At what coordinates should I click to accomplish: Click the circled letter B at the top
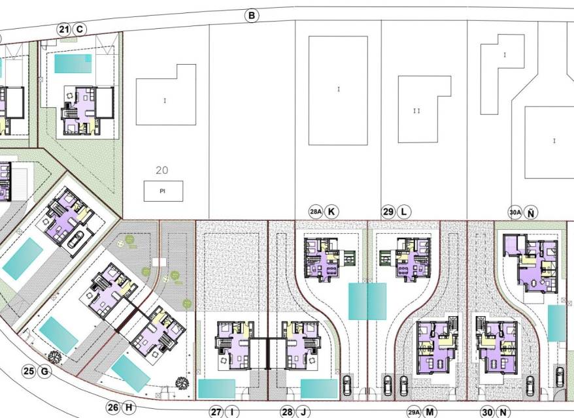[252, 16]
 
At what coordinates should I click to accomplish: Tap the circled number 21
[63, 29]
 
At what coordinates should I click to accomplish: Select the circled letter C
[80, 29]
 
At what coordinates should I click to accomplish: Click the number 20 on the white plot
[161, 170]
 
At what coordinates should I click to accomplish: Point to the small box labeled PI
[163, 191]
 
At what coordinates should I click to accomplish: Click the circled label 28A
[316, 212]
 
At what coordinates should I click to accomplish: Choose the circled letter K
[331, 212]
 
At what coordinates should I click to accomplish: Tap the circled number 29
[388, 212]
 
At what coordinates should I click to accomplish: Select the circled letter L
[404, 212]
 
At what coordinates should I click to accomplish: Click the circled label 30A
[515, 212]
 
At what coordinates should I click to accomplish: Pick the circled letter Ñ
[531, 212]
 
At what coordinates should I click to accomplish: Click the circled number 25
[29, 372]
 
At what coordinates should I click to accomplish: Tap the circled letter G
[44, 372]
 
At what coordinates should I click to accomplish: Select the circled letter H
[129, 408]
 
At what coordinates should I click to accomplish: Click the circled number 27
[216, 412]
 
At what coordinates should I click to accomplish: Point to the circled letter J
[303, 412]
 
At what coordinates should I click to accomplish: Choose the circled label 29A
[414, 412]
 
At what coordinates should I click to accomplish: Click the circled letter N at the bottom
[503, 412]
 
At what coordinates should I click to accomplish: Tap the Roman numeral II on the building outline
[416, 111]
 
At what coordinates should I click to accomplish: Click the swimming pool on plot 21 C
[73, 63]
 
